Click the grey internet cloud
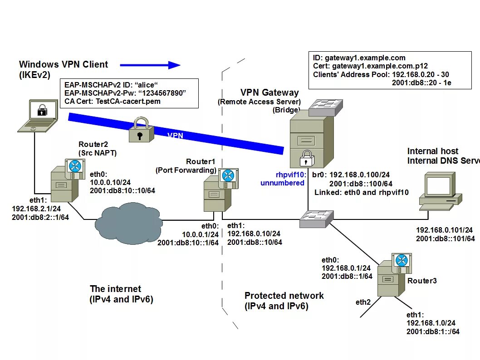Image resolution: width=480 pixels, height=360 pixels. click(128, 224)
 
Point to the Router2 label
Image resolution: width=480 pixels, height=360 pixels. click(93, 145)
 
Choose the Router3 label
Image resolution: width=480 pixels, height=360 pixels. click(422, 281)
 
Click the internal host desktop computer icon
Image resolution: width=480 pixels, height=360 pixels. click(440, 190)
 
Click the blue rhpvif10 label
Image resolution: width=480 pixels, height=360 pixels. click(291, 175)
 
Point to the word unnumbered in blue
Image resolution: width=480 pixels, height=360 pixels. click(282, 183)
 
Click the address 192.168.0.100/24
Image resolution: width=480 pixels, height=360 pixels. click(359, 175)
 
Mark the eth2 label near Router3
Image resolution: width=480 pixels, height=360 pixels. click(363, 302)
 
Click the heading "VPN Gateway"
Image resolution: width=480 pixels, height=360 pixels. click(269, 93)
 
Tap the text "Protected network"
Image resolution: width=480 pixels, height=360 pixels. click(284, 296)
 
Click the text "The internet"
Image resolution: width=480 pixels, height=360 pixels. click(115, 289)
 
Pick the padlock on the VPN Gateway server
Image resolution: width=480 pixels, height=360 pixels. click(307, 158)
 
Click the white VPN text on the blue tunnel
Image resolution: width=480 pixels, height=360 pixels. click(176, 135)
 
